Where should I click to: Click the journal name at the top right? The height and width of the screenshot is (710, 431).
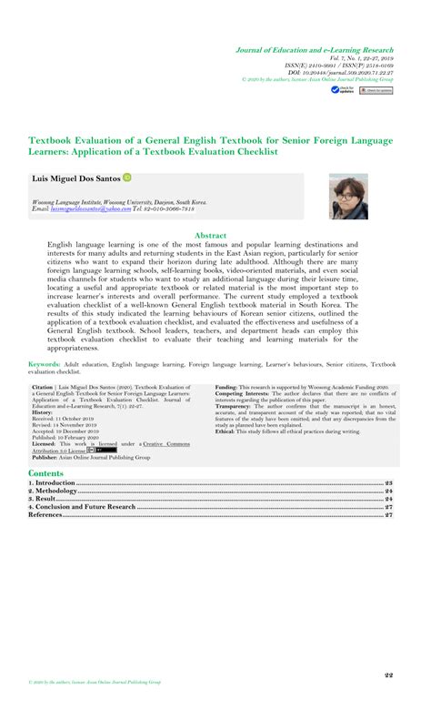[315, 49]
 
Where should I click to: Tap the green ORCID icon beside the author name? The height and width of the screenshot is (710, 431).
[126, 178]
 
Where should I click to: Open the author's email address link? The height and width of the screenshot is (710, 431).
[83, 208]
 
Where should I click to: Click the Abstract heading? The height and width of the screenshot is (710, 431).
[211, 235]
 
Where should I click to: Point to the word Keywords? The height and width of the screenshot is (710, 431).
[44, 361]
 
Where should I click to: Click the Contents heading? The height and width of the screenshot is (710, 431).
[45, 473]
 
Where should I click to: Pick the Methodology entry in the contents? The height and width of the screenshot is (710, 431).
[54, 491]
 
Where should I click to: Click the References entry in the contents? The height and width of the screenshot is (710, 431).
[45, 514]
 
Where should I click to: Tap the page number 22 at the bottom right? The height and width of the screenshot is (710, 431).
[387, 674]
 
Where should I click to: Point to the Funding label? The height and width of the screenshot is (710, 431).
[226, 387]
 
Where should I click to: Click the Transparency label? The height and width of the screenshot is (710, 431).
[235, 406]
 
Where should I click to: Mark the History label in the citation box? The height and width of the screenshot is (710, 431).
[43, 412]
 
